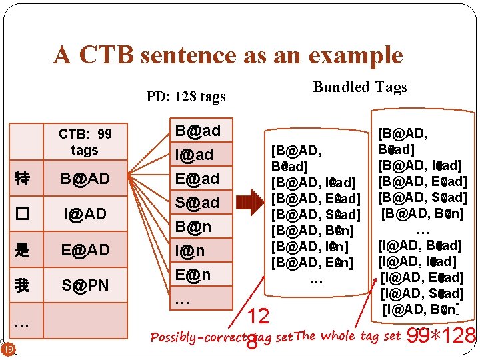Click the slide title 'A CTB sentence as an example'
pyautogui.click(x=228, y=55)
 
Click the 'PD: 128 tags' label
pyautogui.click(x=186, y=97)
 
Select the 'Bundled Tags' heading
pyautogui.click(x=360, y=87)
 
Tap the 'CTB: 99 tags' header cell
pyautogui.click(x=85, y=142)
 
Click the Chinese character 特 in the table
pyautogui.click(x=22, y=178)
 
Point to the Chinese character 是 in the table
pyautogui.click(x=22, y=250)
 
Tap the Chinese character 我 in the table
pyautogui.click(x=22, y=286)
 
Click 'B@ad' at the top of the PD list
pyautogui.click(x=197, y=130)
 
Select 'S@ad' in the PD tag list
pyautogui.click(x=197, y=202)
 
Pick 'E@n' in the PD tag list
pyautogui.click(x=193, y=274)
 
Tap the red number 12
pyautogui.click(x=259, y=316)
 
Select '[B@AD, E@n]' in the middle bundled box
pyautogui.click(x=312, y=263)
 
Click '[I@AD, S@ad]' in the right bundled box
pyautogui.click(x=422, y=293)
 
